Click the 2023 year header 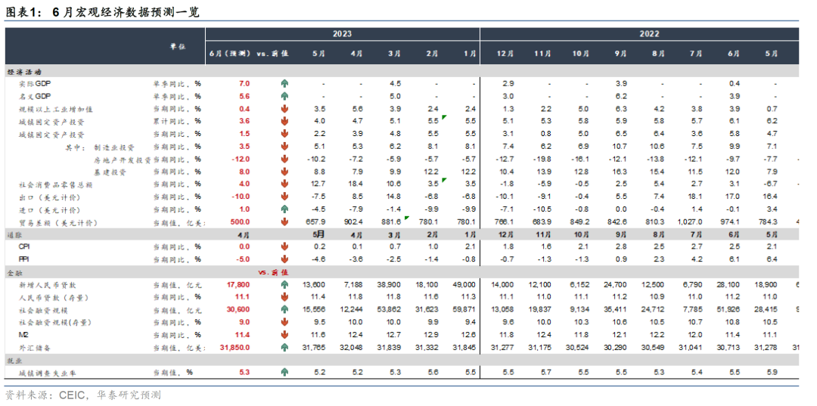(x=341, y=34)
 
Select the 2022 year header (x=648, y=34)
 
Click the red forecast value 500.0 (x=239, y=222)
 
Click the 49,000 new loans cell (x=464, y=284)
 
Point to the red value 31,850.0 (x=235, y=347)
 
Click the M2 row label (x=23, y=334)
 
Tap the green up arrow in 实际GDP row (x=285, y=83)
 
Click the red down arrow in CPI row (x=285, y=246)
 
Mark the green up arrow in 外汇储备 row (x=285, y=347)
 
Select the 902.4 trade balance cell (x=353, y=222)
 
